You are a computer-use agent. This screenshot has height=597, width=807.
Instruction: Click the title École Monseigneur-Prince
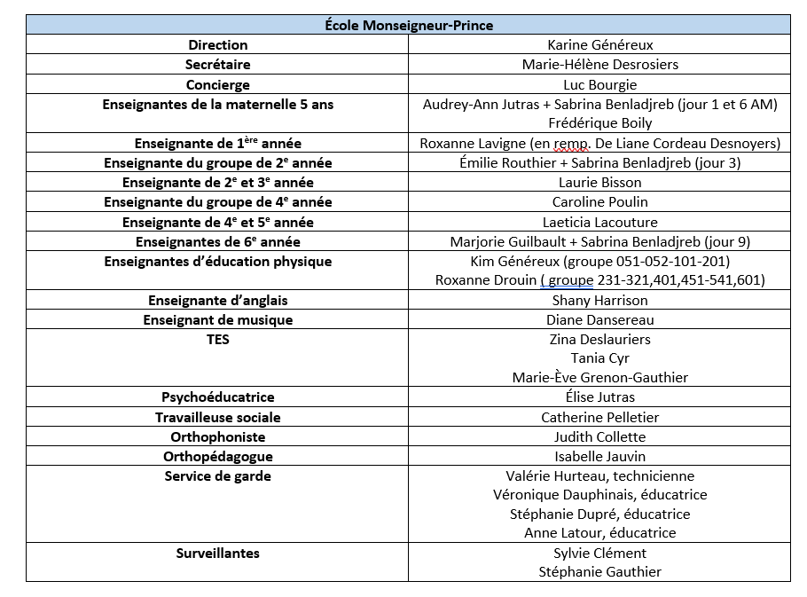tap(408, 25)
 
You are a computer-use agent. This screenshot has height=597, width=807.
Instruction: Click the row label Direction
tap(217, 44)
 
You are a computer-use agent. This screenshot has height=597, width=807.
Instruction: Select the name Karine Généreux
tap(599, 44)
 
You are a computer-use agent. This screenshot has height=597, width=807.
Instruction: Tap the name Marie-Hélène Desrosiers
tap(599, 65)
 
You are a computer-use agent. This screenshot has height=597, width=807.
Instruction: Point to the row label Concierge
tap(217, 85)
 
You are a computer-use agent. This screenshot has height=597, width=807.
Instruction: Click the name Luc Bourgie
tap(599, 85)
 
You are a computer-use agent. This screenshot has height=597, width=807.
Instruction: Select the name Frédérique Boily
tap(599, 123)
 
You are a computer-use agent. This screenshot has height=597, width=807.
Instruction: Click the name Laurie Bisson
tap(599, 183)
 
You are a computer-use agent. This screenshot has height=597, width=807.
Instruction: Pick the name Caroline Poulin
tap(599, 202)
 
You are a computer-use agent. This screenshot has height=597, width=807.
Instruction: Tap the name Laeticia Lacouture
tap(599, 222)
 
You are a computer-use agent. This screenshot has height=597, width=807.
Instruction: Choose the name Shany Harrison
tap(599, 300)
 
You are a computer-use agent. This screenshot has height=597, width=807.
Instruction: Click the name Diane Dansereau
tap(599, 319)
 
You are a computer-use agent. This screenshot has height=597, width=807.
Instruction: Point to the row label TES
tap(217, 339)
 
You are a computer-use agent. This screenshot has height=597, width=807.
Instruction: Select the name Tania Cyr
tap(599, 358)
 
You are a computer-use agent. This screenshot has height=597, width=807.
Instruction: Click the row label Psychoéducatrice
tap(217, 397)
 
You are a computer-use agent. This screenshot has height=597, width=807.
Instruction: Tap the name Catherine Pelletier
tap(599, 417)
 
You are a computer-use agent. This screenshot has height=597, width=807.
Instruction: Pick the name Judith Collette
tap(599, 436)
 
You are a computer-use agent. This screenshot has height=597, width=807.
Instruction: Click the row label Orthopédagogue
tap(217, 456)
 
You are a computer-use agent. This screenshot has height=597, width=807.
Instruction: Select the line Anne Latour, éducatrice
tap(599, 533)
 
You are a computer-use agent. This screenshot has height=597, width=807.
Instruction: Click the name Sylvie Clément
tap(599, 553)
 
